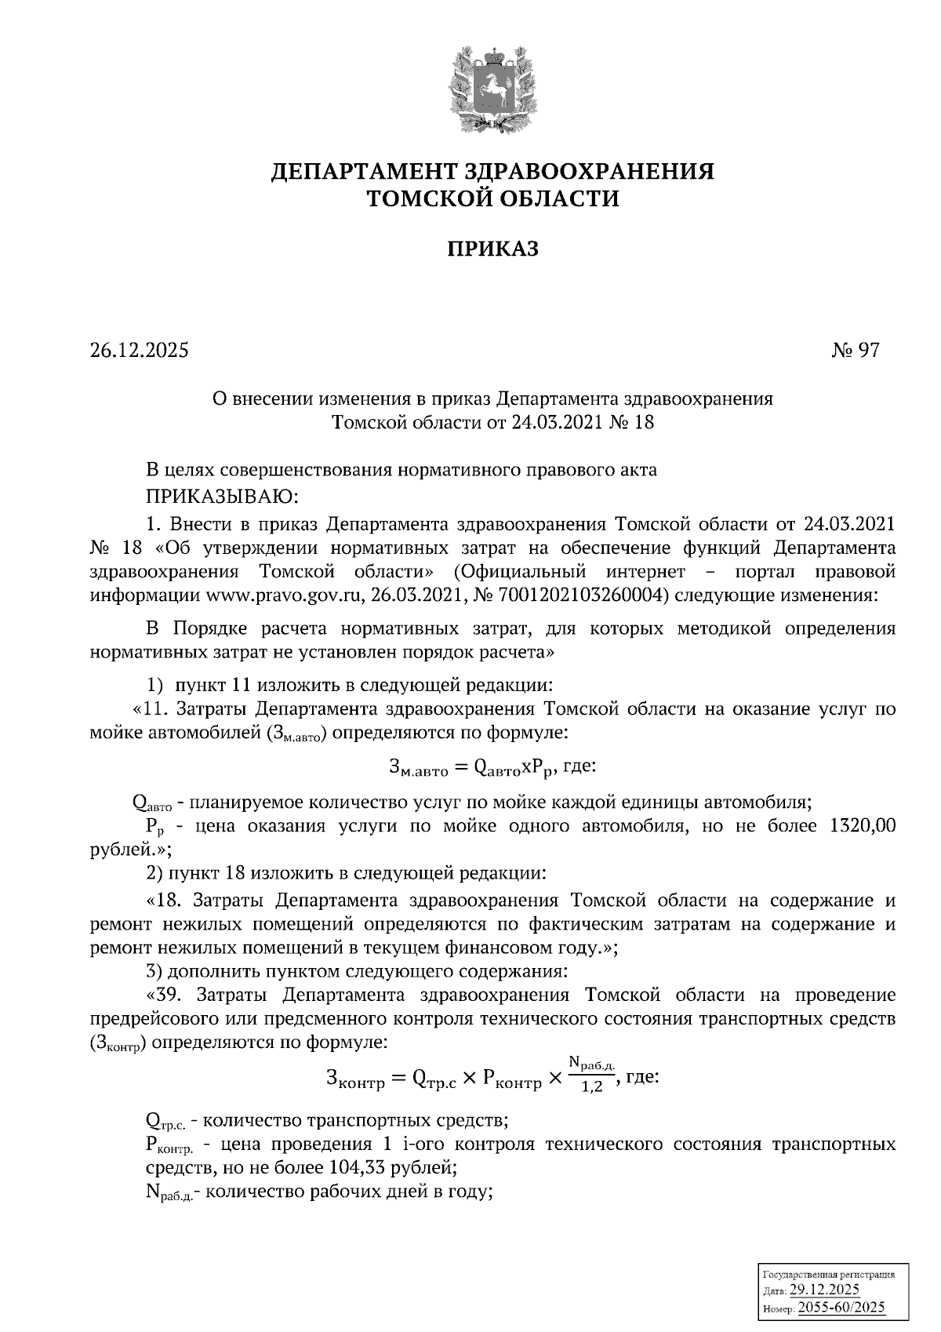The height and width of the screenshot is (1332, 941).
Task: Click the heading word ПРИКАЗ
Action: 493,249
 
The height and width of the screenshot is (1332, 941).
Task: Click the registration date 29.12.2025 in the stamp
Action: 825,1290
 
